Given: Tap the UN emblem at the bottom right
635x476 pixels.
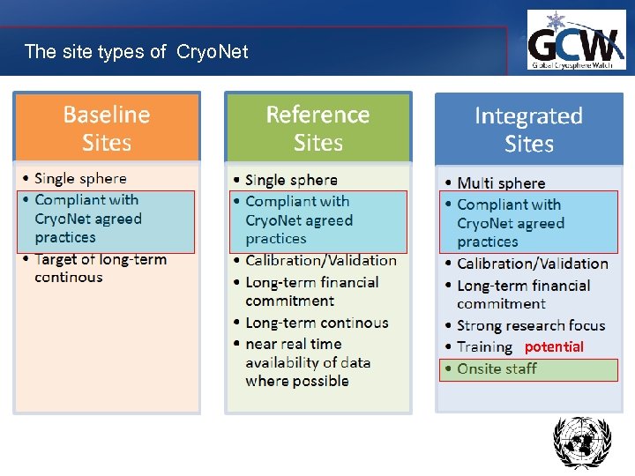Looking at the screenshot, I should click(581, 443).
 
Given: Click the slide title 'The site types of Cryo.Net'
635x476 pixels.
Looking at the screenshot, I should click(136, 52).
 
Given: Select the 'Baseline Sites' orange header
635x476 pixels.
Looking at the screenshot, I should click(107, 129).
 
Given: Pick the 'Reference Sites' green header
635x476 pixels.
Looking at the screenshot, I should click(317, 129).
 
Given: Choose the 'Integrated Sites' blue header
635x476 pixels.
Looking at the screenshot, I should click(528, 130).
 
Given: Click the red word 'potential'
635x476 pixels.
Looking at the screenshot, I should click(554, 347).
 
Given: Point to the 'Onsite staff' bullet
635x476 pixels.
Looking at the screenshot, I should click(497, 368).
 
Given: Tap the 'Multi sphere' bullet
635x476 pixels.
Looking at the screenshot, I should click(501, 183).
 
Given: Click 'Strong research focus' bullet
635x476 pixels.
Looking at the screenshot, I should click(531, 326).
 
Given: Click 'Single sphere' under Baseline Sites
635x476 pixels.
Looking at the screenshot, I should click(80, 179).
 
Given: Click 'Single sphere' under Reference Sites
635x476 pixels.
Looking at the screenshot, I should click(291, 181).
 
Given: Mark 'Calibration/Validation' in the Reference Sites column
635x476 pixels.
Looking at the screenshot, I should click(321, 260).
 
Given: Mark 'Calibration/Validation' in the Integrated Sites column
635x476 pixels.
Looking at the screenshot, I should click(532, 264).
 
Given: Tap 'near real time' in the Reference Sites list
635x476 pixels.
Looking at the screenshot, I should click(293, 344).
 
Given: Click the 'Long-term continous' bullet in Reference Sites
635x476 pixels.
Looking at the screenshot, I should click(317, 323).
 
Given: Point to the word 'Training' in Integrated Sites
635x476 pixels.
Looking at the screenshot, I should click(484, 347).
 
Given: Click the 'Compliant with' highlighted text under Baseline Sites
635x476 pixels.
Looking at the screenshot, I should click(86, 200).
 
